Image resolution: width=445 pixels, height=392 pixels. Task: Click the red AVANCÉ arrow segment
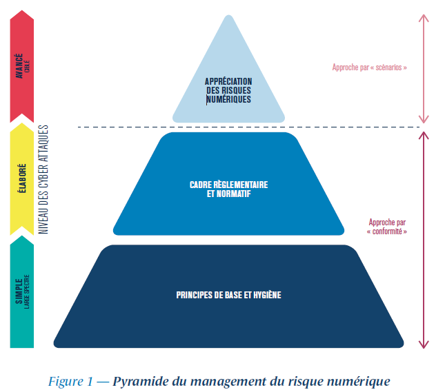pos(22,69)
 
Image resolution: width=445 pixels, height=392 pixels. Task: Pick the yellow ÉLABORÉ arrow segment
pos(22,179)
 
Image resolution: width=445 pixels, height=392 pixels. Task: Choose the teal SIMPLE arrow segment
pos(22,293)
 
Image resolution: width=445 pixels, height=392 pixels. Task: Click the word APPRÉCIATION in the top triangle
pos(228,81)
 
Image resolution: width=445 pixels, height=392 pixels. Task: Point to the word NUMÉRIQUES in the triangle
pos(228,99)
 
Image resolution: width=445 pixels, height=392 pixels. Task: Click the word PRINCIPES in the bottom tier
pos(195,296)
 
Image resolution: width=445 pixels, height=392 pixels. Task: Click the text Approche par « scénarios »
pos(370,68)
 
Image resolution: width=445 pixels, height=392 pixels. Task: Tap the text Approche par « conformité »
pos(388,227)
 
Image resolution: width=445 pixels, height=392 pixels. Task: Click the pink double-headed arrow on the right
pos(424,69)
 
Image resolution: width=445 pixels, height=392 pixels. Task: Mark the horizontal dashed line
pos(248,127)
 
